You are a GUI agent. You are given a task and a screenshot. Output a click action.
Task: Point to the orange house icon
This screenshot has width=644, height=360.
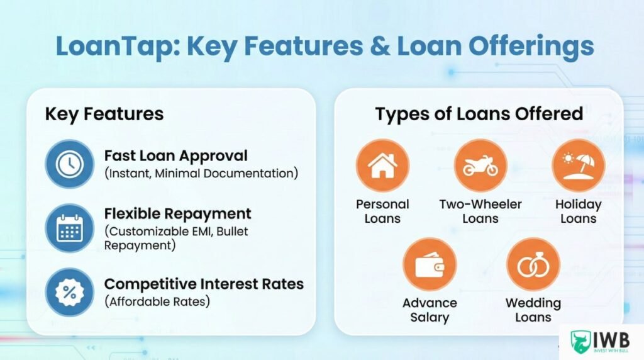coord(382,166)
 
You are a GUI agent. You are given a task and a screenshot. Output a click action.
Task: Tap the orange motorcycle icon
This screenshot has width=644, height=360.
coord(480,166)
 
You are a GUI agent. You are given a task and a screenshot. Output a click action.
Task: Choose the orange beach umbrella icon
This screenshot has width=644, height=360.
coord(578,166)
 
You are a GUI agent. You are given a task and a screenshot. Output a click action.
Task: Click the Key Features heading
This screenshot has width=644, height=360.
coord(104,114)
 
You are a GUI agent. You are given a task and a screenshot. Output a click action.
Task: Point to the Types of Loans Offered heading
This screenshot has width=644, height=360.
coord(479,114)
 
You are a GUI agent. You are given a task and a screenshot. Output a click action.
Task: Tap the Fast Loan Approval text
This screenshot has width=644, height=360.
coord(175,155)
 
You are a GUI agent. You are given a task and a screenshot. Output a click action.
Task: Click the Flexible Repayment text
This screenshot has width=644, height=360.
coord(177,213)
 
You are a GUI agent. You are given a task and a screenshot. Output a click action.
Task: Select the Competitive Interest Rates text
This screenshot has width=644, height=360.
coord(204,284)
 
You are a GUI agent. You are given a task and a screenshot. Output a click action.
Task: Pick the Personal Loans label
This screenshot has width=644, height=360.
coord(382,211)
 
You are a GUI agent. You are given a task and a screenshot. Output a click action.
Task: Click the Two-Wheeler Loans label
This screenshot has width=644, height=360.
coord(480,211)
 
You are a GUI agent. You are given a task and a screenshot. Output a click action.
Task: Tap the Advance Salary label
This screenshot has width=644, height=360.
coord(430,310)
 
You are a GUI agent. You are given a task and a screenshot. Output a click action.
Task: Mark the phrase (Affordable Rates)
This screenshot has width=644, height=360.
coord(157,301)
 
